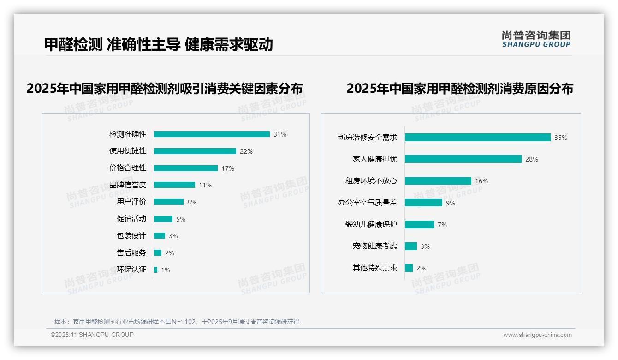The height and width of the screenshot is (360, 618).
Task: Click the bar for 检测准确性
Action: tap(212, 134)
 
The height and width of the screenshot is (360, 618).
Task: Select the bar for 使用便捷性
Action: tap(195, 151)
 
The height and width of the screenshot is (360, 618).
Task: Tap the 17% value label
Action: tap(228, 168)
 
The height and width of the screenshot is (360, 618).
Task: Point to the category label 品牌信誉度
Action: tap(128, 185)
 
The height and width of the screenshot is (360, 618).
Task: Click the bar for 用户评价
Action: tap(169, 202)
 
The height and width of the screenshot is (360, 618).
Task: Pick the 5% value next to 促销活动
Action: tap(181, 219)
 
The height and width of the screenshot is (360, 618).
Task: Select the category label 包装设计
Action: tap(131, 236)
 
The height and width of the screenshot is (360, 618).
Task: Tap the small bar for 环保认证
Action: tap(156, 270)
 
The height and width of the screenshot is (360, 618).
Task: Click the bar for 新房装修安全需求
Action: tap(478, 138)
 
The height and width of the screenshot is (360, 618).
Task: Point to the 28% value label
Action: tap(532, 159)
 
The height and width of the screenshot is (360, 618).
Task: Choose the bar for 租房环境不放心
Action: tap(438, 181)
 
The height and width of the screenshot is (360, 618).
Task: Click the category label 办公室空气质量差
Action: tap(368, 203)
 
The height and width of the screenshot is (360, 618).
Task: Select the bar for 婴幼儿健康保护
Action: tap(419, 224)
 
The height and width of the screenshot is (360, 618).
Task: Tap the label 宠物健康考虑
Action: tap(375, 246)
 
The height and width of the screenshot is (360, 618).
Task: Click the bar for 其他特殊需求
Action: tap(409, 268)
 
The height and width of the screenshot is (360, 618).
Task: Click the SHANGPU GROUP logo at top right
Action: tap(536, 39)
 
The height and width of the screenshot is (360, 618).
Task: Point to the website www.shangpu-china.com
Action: tap(537, 335)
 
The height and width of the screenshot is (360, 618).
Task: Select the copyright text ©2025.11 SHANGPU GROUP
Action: tap(92, 335)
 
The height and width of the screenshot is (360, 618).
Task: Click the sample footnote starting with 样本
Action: tap(177, 322)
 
